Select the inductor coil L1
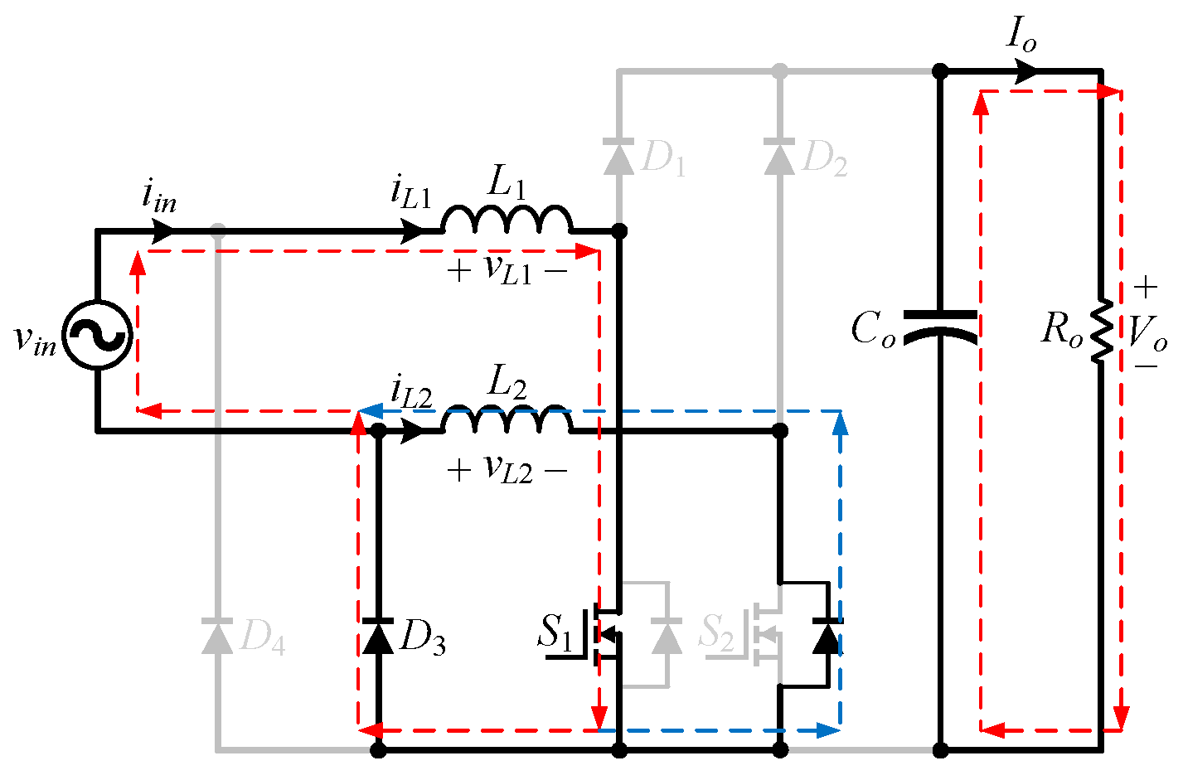[507, 220]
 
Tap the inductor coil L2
[507, 420]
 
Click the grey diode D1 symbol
[618, 156]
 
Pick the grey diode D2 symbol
[779, 156]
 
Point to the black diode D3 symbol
[379, 637]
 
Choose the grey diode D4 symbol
[217, 637]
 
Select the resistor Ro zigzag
[1101, 330]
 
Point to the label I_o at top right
[1021, 35]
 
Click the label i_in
[158, 197]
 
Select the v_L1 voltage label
[507, 269]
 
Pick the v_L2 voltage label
[507, 470]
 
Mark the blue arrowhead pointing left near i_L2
[369, 410]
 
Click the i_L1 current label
[411, 192]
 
